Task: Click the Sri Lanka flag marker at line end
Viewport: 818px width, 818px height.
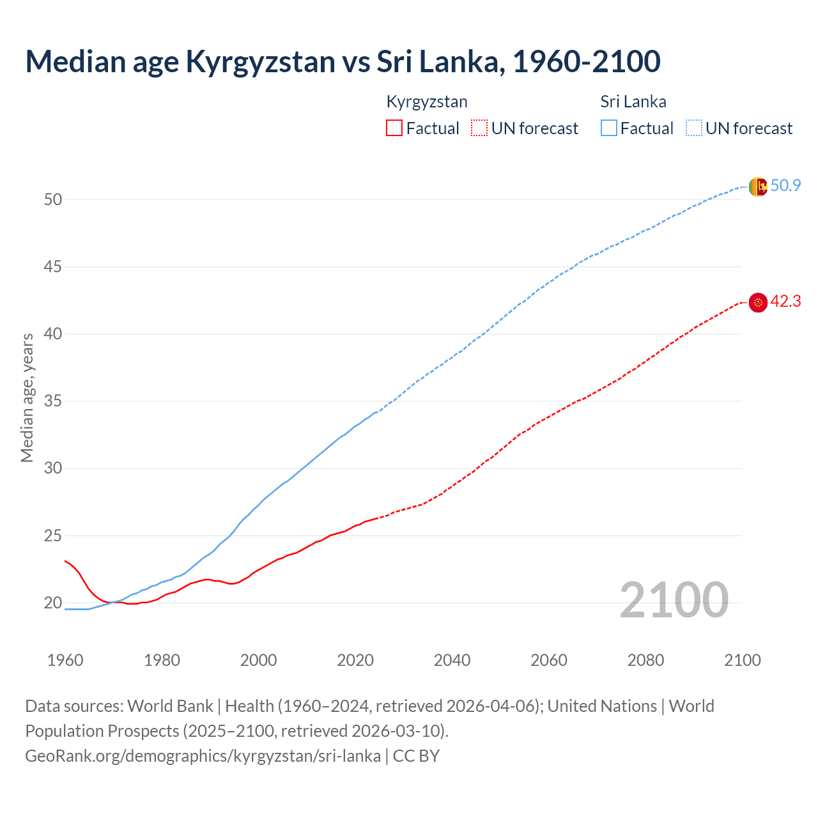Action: (758, 187)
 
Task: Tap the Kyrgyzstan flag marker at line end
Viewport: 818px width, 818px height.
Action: (758, 302)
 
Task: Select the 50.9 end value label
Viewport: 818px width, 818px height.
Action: (785, 186)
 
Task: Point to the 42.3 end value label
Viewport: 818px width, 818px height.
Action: (785, 302)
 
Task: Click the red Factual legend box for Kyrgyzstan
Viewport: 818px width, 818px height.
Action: (394, 128)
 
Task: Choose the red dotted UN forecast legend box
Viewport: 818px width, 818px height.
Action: (479, 128)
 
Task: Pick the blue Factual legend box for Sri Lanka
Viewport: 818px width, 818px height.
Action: (609, 128)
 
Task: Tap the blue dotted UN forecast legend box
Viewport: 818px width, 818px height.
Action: (694, 128)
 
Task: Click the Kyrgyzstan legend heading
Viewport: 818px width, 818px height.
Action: (427, 102)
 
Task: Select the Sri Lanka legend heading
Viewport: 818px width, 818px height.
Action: (633, 102)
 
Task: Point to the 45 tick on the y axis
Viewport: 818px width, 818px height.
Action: (53, 266)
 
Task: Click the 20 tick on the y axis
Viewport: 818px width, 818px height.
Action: (53, 603)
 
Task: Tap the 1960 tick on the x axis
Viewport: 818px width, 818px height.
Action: (65, 660)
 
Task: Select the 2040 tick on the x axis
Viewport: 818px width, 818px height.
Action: (452, 660)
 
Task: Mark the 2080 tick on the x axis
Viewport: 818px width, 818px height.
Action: (645, 660)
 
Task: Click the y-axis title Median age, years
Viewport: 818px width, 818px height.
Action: (27, 397)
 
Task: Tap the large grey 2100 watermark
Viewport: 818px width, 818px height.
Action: (674, 599)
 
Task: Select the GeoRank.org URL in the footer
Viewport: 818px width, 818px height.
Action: (203, 756)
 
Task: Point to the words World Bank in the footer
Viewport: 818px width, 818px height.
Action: (170, 706)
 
